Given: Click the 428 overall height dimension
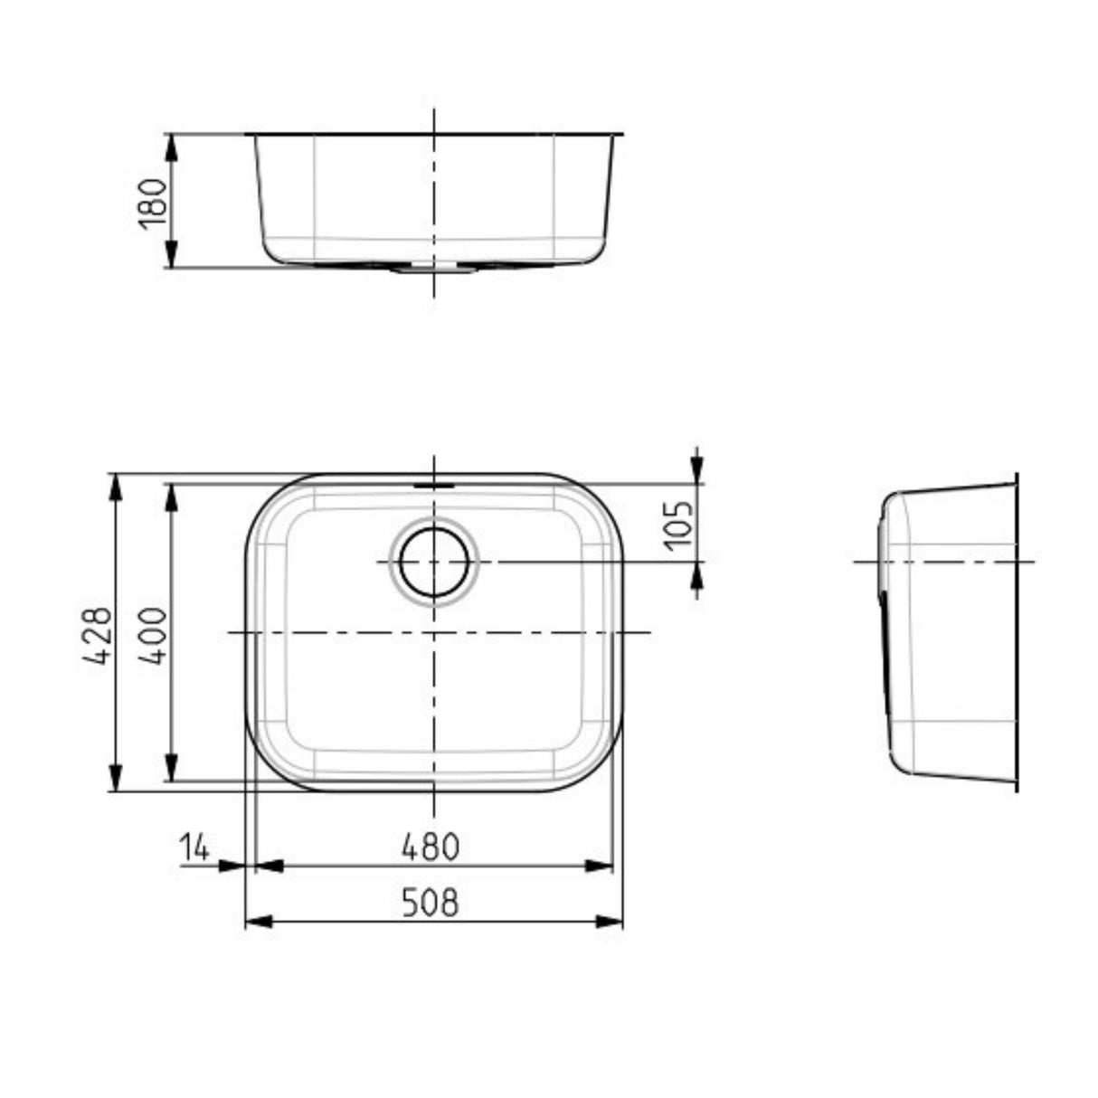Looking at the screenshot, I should (x=98, y=635).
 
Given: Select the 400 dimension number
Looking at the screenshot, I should (x=154, y=635).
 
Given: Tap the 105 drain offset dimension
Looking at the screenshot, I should (x=678, y=525).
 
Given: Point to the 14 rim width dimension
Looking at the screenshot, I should (x=194, y=848).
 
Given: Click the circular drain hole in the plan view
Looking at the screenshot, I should (x=434, y=562).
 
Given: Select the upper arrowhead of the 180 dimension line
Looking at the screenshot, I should (x=171, y=147).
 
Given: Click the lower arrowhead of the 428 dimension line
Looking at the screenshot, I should (x=115, y=778).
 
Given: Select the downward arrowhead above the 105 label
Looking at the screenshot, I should (x=696, y=467).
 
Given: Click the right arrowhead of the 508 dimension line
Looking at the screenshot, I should (x=610, y=922).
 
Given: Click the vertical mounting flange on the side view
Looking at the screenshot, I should (x=1017, y=633).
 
